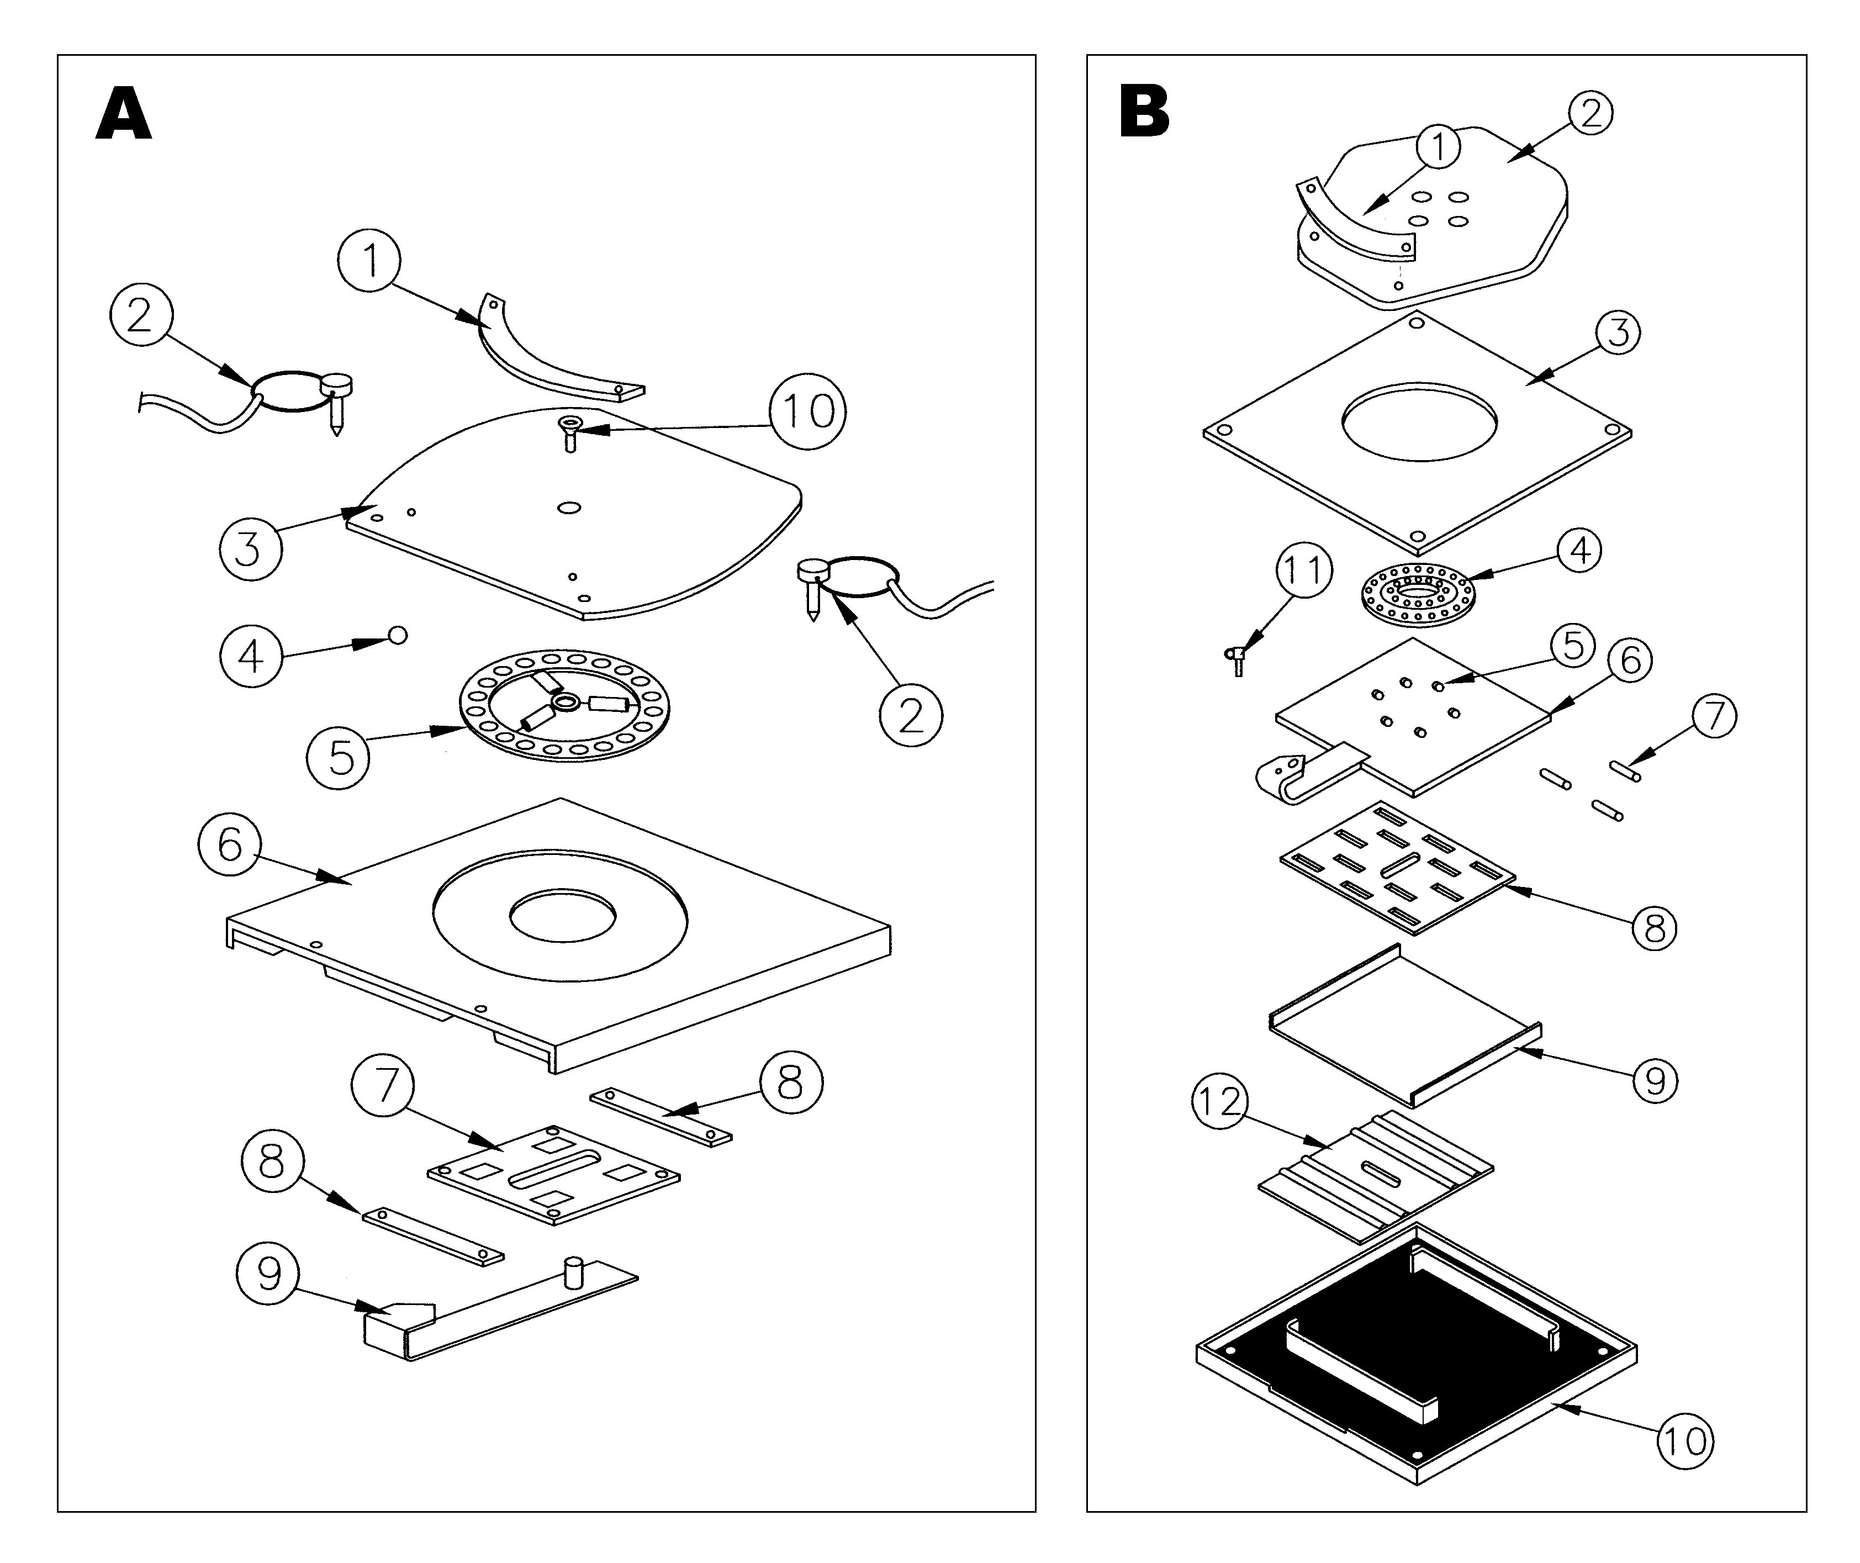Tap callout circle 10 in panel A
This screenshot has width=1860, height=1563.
(807, 411)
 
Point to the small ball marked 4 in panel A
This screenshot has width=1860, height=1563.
(398, 635)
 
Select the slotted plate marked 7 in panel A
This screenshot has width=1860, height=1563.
(554, 1175)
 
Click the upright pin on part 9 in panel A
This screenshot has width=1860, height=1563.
(573, 1272)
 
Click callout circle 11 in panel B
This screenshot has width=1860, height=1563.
(1303, 571)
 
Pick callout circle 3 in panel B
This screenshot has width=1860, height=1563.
(1618, 332)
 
